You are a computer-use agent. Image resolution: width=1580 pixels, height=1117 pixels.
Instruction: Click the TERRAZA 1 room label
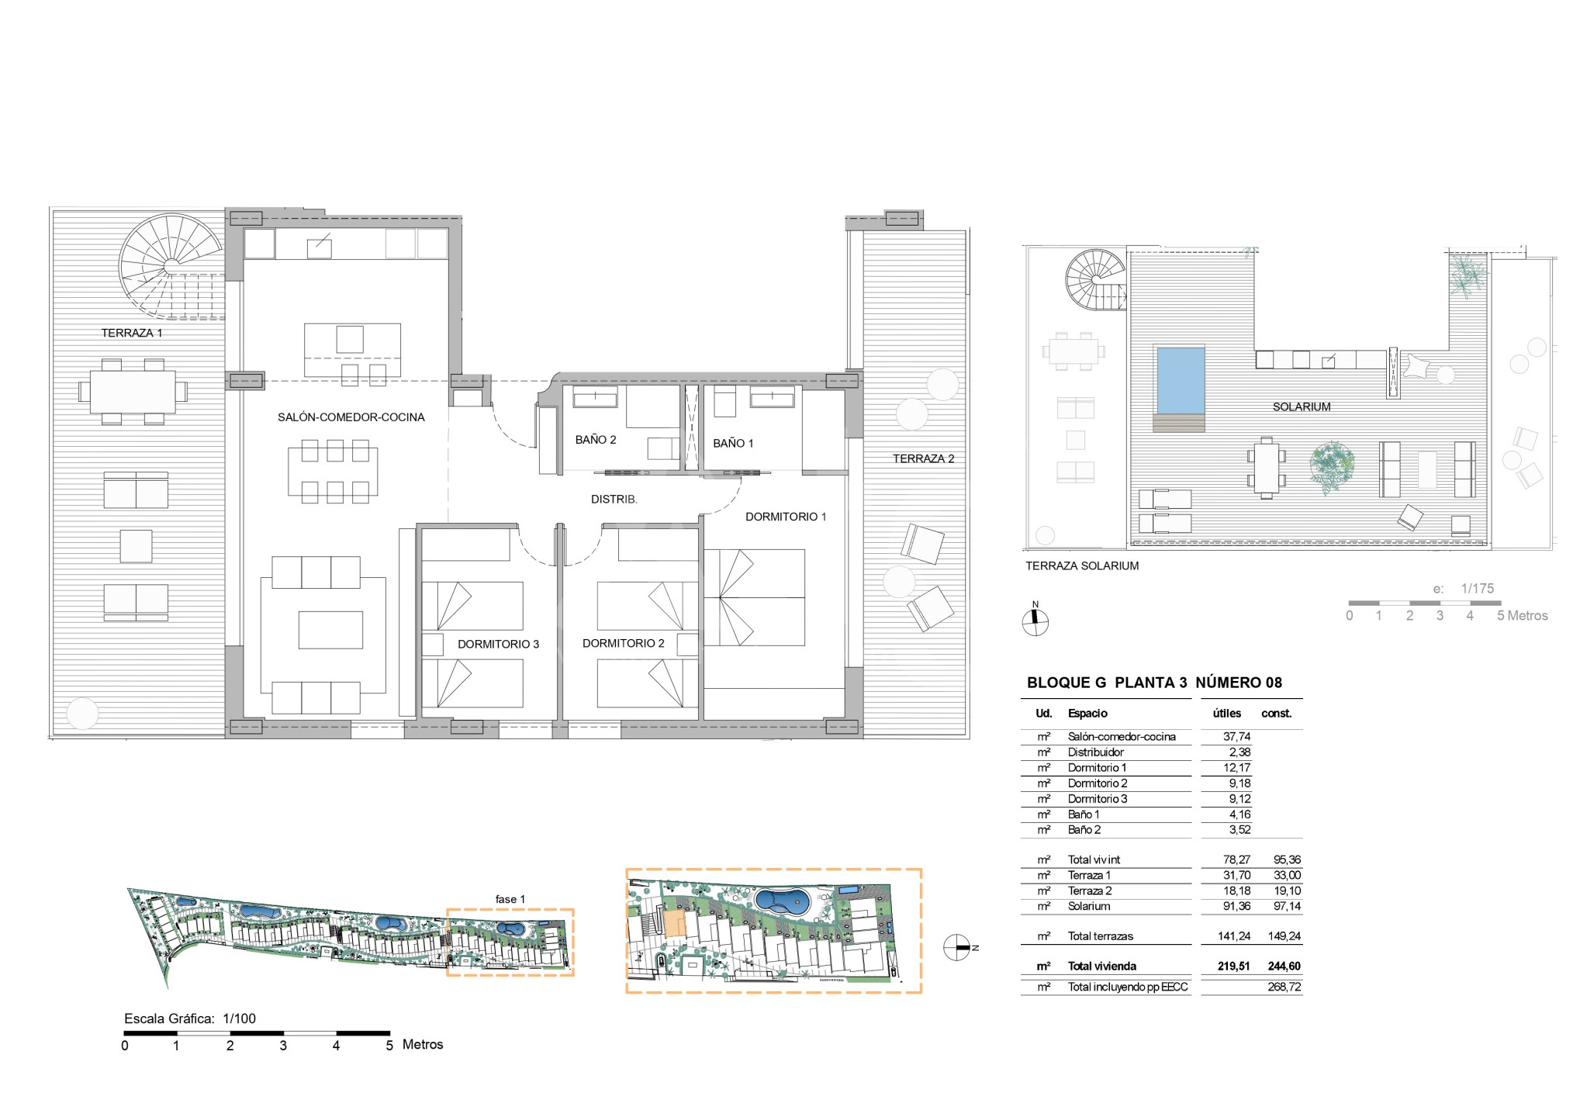click(132, 333)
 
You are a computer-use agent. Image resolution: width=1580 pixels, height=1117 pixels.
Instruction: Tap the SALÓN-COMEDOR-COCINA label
click(351, 417)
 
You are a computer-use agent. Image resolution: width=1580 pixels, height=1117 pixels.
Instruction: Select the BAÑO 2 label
click(596, 440)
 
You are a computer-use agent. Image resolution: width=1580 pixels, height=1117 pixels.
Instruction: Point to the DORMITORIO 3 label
click(498, 644)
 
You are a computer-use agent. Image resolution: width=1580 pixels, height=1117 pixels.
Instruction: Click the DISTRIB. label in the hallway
click(614, 500)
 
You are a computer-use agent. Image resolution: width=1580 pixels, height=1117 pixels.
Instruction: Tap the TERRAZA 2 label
click(923, 458)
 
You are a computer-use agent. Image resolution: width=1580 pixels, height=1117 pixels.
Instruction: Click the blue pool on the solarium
click(1181, 380)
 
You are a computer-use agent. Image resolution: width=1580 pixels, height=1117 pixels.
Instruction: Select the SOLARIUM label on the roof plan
click(1302, 406)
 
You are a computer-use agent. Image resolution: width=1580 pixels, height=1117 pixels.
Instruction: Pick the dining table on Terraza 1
click(133, 392)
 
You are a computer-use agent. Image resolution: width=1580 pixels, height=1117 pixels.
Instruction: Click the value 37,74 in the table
click(1236, 737)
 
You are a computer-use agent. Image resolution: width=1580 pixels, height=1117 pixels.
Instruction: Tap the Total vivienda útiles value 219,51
click(1233, 967)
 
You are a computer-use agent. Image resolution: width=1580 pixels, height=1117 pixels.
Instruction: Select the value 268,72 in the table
click(1284, 987)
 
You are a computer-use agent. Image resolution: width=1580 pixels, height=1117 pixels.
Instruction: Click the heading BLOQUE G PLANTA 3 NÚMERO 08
click(1155, 683)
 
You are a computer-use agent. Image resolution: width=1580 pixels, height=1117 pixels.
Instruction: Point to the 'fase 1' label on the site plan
click(510, 899)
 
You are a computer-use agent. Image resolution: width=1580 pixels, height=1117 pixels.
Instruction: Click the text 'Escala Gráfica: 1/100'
click(190, 1018)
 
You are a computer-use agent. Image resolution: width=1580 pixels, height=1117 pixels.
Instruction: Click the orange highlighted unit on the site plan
click(675, 924)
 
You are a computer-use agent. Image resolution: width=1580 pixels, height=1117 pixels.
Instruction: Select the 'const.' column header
click(1277, 714)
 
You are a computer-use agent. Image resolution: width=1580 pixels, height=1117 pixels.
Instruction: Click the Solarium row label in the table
click(1089, 906)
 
